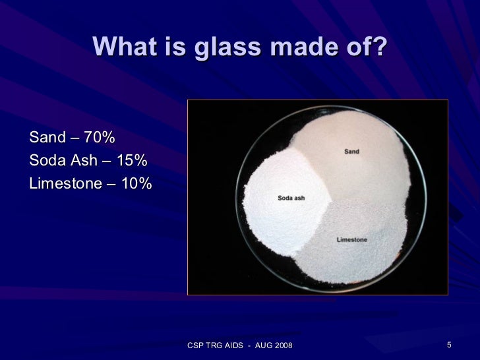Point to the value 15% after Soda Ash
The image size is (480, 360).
(x=131, y=161)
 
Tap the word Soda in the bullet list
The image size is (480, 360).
(x=45, y=161)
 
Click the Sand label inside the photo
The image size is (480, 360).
(x=351, y=152)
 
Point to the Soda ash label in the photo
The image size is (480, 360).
(x=291, y=198)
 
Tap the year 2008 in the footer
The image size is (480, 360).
(x=282, y=346)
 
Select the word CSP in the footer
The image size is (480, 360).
(x=196, y=346)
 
